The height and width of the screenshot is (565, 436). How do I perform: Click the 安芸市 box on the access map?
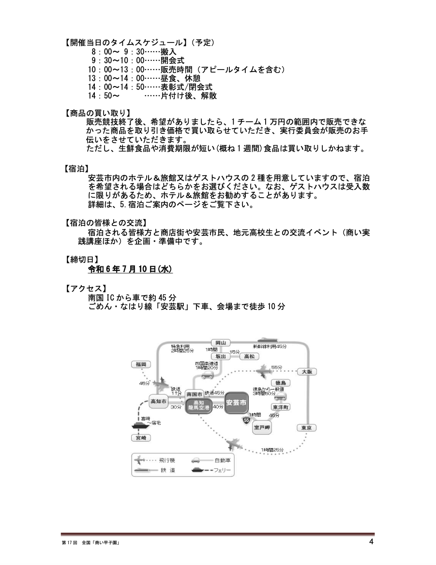(236, 402)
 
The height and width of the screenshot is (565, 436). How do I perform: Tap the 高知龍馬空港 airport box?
(199, 406)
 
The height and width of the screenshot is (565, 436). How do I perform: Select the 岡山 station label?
(220, 343)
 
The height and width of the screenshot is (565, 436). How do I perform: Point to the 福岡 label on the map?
(141, 364)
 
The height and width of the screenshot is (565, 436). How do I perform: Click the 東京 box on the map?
(306, 428)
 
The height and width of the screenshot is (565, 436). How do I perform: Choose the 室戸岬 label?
(261, 428)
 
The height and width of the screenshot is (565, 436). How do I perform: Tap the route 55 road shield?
(246, 420)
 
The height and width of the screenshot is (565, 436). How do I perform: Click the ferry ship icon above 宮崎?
(140, 425)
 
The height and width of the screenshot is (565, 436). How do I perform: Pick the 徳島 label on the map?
(280, 383)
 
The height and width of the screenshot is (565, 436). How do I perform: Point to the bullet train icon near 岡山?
(268, 340)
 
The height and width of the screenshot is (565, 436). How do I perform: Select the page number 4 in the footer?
(371, 542)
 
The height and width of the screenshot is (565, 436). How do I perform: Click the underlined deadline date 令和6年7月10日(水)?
(130, 269)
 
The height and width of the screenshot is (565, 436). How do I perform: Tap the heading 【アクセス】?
(86, 289)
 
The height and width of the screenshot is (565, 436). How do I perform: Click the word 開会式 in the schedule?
(172, 60)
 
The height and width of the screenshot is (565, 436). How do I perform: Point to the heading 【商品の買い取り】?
(97, 113)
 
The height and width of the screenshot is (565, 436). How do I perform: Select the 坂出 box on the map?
(220, 356)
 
